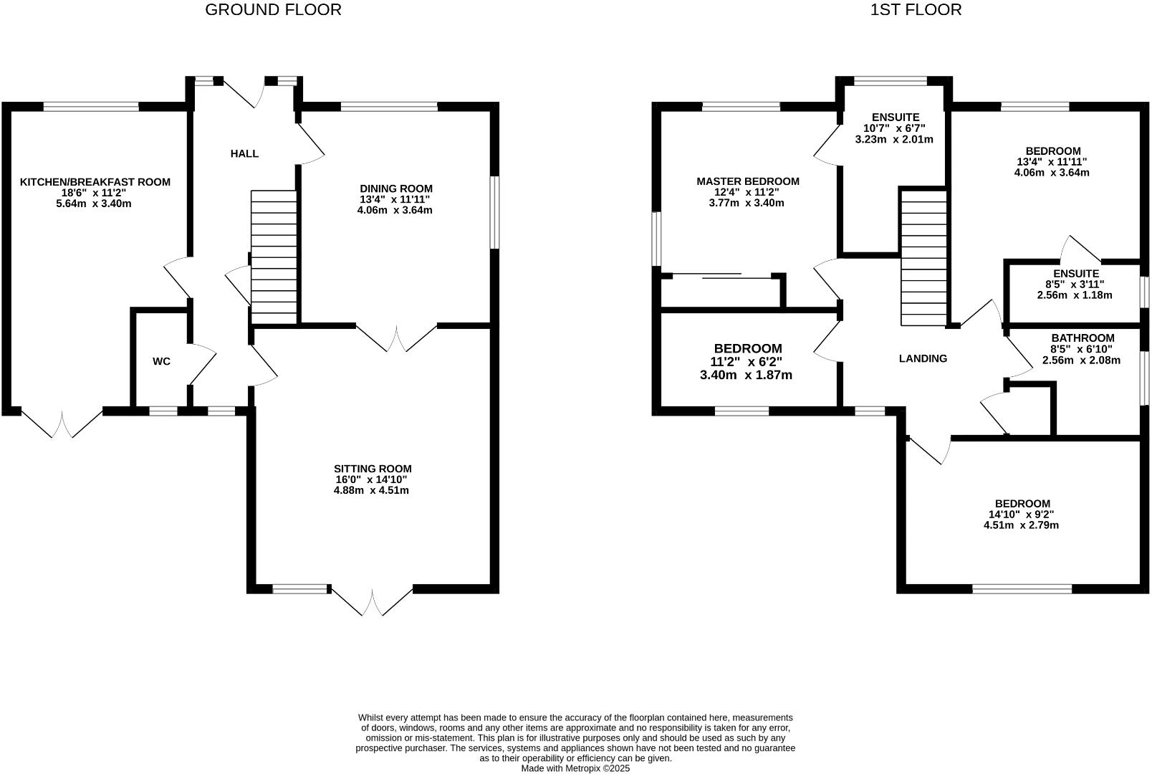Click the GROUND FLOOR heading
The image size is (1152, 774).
273,10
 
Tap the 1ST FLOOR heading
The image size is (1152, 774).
916,10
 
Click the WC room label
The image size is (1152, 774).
162,361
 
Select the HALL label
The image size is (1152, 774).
244,153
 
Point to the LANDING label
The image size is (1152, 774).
923,358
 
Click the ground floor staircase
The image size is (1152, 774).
274,257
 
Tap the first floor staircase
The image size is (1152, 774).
923,257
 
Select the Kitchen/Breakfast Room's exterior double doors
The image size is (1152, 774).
62,424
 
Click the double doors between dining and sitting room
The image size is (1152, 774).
396,338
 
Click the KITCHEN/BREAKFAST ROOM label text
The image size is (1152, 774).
95,182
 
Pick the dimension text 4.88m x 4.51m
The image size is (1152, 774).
371,491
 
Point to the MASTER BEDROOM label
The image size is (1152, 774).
748,181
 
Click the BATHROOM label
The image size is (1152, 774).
1083,338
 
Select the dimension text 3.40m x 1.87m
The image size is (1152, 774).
746,375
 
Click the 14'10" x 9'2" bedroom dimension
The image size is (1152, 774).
1021,515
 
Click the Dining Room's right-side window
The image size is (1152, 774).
494,212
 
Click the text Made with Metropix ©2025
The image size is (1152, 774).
575,768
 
